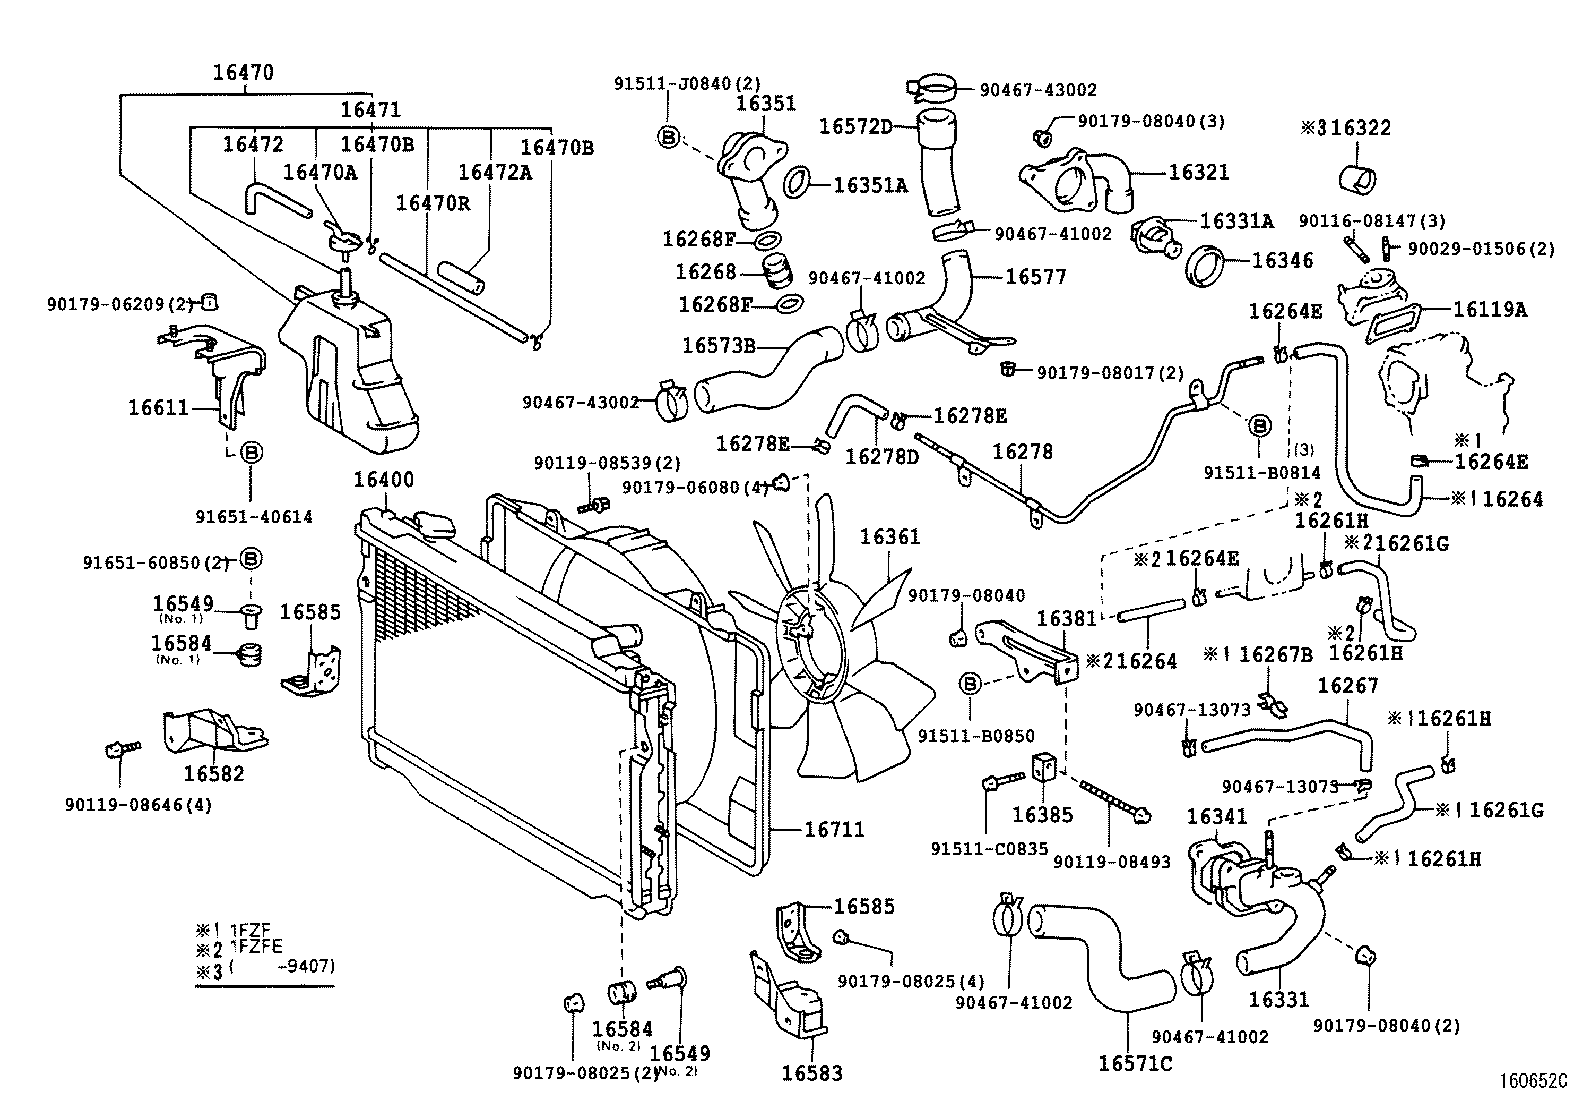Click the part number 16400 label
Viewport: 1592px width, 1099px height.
[383, 480]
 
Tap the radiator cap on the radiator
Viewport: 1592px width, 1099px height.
[432, 522]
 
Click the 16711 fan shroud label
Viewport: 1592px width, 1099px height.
[835, 829]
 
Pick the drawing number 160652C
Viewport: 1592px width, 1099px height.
[1532, 1081]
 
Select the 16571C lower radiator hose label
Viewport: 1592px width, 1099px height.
[1135, 1063]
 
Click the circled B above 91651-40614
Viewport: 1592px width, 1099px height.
[253, 453]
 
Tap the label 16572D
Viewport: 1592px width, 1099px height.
[855, 126]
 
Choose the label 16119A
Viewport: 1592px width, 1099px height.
[1490, 310]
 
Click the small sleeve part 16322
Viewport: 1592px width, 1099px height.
[1357, 179]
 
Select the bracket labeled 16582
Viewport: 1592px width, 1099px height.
[213, 773]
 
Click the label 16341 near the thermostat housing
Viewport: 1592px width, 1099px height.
[1217, 816]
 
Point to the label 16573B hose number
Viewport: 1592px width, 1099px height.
[718, 345]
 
